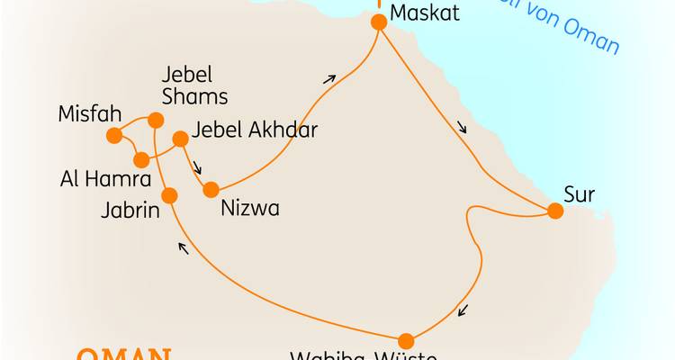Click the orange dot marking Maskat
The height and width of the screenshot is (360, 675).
point(379,22)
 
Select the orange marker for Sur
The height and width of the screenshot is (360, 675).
point(555,211)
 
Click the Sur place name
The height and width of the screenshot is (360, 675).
point(580,193)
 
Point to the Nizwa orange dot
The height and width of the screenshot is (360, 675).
point(211,190)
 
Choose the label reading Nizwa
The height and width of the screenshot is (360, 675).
point(250,209)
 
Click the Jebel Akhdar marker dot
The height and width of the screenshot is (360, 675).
point(180,139)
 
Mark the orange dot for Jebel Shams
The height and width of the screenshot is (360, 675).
point(156,120)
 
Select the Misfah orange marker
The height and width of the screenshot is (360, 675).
point(114,136)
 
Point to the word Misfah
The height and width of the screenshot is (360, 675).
point(88,114)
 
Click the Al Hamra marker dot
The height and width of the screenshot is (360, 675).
point(141,160)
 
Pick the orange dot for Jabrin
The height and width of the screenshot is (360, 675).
point(168,194)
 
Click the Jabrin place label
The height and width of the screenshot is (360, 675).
point(130,212)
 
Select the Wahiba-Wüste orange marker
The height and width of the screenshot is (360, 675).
point(406,340)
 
